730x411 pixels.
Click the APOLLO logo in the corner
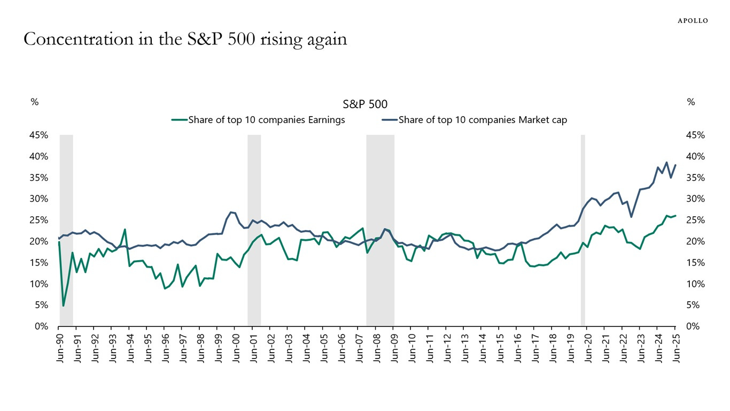[693, 20]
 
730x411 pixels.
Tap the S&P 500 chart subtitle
[365, 104]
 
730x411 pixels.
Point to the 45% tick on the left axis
[39, 135]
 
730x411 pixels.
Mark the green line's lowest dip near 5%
[64, 306]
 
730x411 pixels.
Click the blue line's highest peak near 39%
[666, 162]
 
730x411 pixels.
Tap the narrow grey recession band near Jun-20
[583, 230]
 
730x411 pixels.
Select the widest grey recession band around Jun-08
[380, 230]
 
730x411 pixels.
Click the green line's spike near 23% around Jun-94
[125, 230]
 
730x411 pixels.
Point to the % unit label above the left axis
[34, 102]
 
